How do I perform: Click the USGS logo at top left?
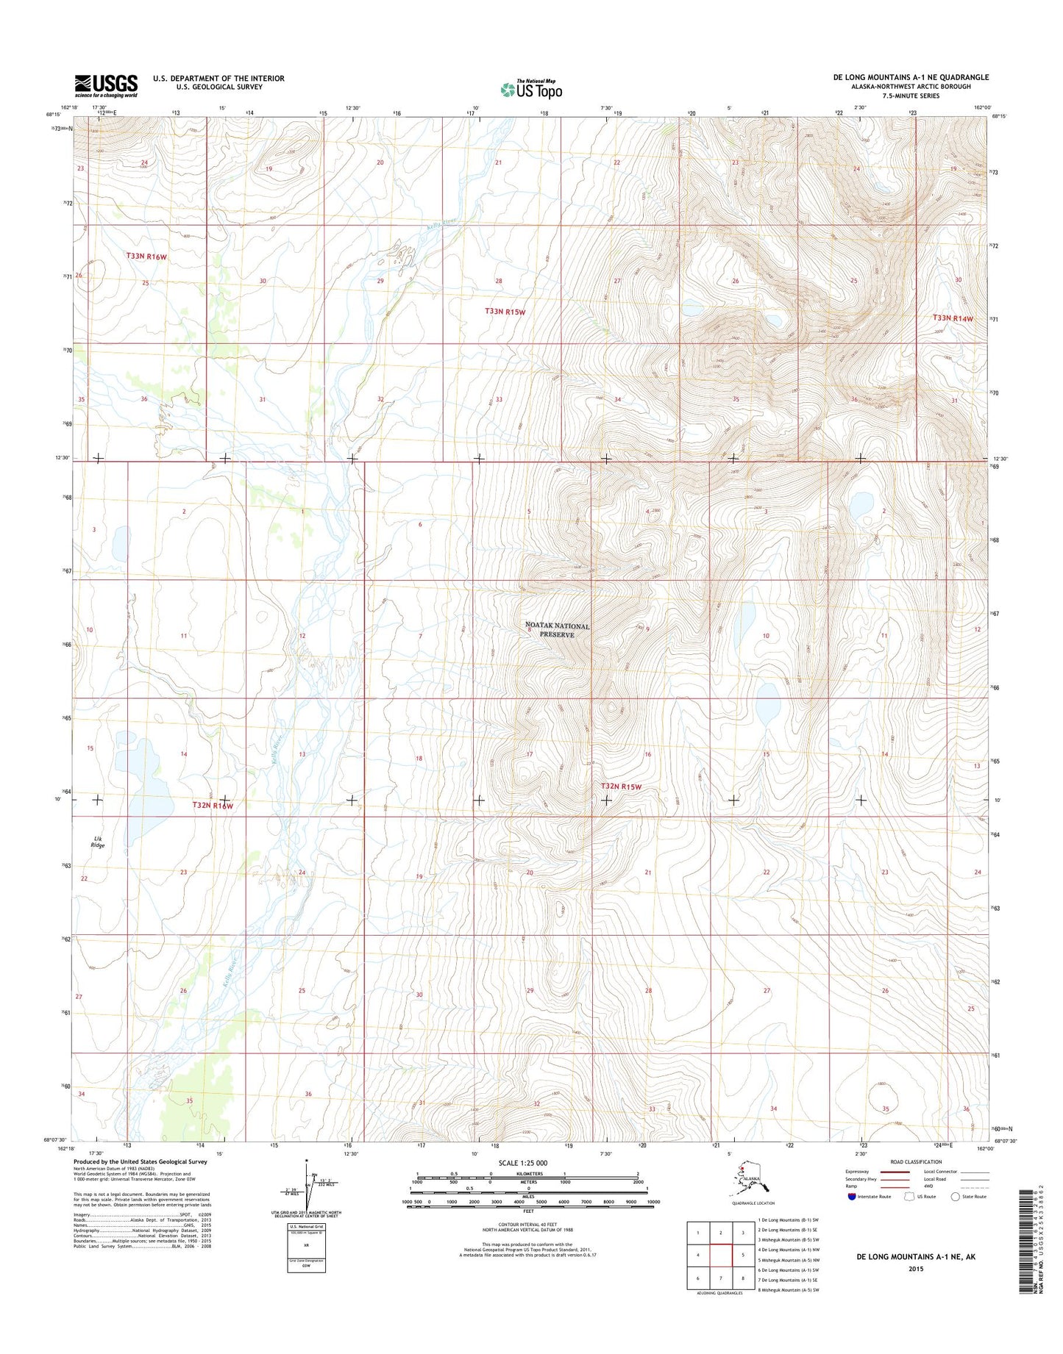click(x=106, y=85)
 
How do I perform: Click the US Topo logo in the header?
click(x=531, y=90)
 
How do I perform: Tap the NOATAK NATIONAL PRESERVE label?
click(x=557, y=630)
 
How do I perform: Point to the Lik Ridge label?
click(x=97, y=842)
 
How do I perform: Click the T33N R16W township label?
click(x=146, y=256)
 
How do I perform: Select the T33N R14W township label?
click(x=953, y=318)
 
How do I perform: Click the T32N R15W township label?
click(x=622, y=787)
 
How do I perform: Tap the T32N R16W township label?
click(x=213, y=806)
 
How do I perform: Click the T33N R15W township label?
click(x=505, y=312)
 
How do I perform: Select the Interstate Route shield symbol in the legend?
click(x=851, y=1196)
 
